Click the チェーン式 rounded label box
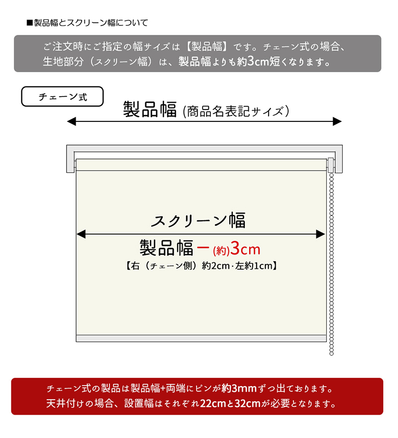coord(62,97)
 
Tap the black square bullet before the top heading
coord(30,22)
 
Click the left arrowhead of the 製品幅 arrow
coord(72,121)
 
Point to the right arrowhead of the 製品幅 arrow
coord(337,121)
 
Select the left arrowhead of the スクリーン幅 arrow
coord(81,234)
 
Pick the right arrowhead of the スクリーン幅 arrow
coord(320,234)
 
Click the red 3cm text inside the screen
coord(246,248)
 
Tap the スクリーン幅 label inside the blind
coord(199,220)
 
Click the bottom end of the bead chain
coord(331,354)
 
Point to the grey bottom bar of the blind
coord(201,338)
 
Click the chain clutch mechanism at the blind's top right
coord(331,165)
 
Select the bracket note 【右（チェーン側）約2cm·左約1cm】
coord(201,266)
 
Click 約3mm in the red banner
coord(239,388)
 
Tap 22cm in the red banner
coord(213,403)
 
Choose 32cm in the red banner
coord(247,403)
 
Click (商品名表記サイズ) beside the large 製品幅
coord(236,111)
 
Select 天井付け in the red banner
coord(65,403)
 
